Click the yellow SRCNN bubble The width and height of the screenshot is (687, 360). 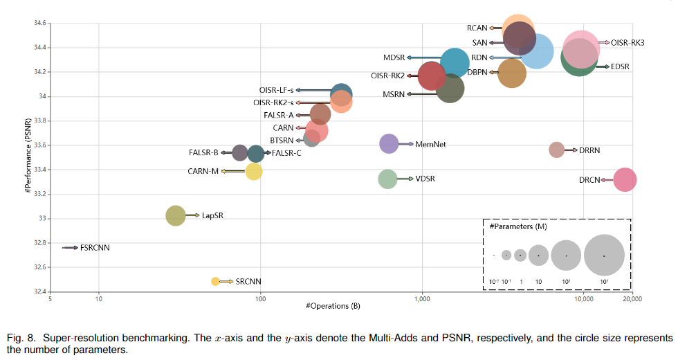[x=215, y=281]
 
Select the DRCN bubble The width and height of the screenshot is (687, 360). [x=625, y=180]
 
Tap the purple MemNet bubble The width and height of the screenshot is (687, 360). [x=390, y=144]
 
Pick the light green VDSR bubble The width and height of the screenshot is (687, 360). [x=388, y=179]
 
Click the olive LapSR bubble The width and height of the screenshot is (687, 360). [x=176, y=216]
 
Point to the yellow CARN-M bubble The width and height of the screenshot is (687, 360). [x=254, y=170]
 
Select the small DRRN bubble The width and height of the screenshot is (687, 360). [x=557, y=150]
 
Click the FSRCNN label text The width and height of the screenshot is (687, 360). [x=95, y=248]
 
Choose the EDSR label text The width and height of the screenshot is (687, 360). [x=621, y=66]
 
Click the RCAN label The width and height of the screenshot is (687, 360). [x=477, y=28]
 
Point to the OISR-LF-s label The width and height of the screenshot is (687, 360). [x=276, y=90]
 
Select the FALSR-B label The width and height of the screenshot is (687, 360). [x=203, y=153]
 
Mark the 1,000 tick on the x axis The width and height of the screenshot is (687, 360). [x=421, y=298]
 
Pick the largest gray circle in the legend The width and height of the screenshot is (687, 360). [x=604, y=255]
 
